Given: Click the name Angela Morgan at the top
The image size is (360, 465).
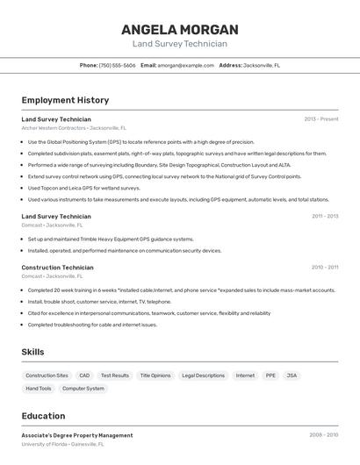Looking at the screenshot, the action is pyautogui.click(x=180, y=29).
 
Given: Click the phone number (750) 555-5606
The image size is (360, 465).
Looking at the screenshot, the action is pyautogui.click(x=117, y=65).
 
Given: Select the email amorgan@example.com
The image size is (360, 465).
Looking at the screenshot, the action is pyautogui.click(x=185, y=65).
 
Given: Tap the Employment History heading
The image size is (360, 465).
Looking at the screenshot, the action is pyautogui.click(x=65, y=100).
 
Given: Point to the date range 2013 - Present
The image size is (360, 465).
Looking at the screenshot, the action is pyautogui.click(x=320, y=119).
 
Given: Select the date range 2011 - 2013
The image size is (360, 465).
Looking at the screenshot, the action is pyautogui.click(x=324, y=216).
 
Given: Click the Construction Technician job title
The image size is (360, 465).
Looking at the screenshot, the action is pyautogui.click(x=57, y=268).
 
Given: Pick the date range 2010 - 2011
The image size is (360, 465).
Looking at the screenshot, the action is pyautogui.click(x=324, y=268).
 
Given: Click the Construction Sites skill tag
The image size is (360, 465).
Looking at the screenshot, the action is pyautogui.click(x=47, y=376).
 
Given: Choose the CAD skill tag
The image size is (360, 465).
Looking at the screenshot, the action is pyautogui.click(x=84, y=376).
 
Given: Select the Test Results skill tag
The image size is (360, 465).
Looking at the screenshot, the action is pyautogui.click(x=115, y=376).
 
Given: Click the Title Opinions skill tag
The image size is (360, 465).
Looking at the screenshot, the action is pyautogui.click(x=155, y=376).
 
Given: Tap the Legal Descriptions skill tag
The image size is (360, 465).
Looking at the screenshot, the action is pyautogui.click(x=203, y=376).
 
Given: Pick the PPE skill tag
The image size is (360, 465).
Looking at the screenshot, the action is pyautogui.click(x=270, y=376).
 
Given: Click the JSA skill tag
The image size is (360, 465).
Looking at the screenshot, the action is pyautogui.click(x=292, y=376).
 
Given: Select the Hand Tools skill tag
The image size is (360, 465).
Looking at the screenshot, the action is pyautogui.click(x=39, y=388).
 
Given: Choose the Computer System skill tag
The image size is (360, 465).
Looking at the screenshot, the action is pyautogui.click(x=83, y=388).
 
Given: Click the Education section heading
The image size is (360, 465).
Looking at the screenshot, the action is pyautogui.click(x=43, y=416).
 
